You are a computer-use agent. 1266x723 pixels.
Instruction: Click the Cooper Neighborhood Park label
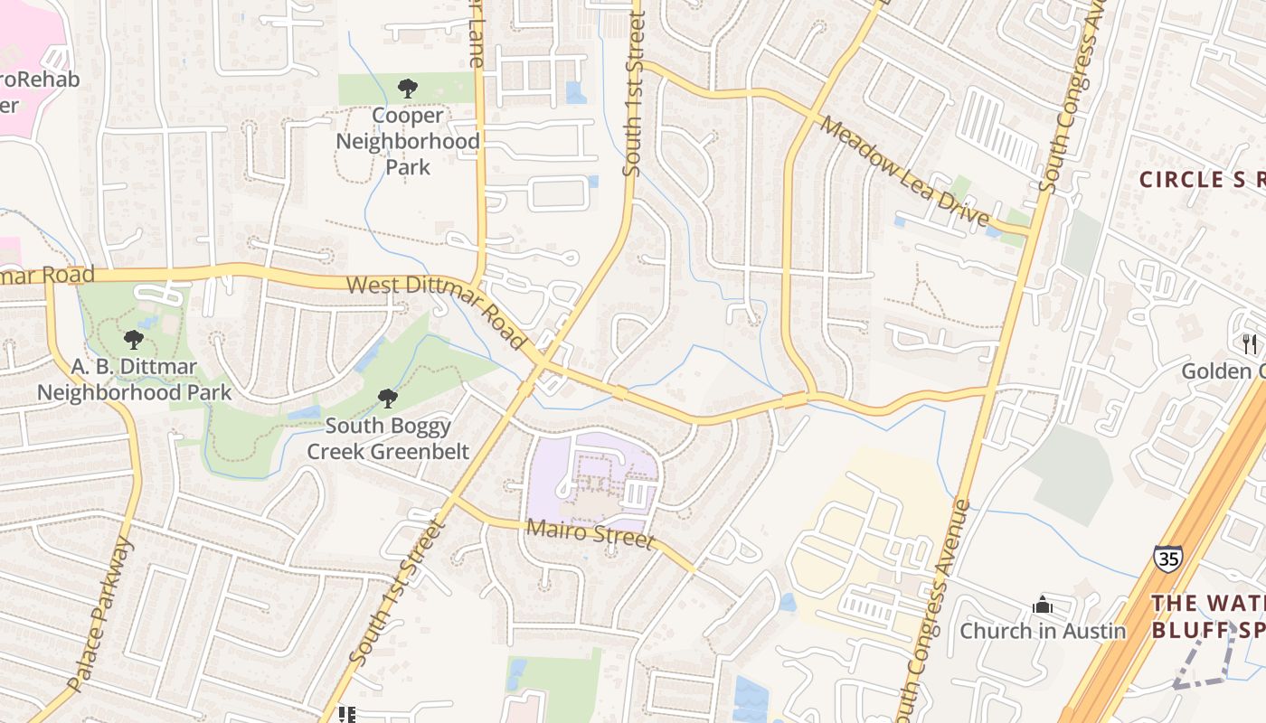407,142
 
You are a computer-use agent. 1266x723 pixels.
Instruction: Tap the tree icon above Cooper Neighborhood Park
407,89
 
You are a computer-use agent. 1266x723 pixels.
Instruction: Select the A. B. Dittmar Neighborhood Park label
133,380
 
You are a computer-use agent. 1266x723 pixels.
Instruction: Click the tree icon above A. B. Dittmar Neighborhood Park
134,340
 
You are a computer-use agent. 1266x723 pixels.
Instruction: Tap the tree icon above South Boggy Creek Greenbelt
387,398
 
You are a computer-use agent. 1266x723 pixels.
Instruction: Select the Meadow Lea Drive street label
904,171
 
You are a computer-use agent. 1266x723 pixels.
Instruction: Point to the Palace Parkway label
100,615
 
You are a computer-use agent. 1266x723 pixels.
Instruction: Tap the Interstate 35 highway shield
1167,559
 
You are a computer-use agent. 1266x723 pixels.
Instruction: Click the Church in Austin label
1043,631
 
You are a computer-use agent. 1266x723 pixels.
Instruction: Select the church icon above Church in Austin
1043,604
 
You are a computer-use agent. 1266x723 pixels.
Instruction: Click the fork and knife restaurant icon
1250,343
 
